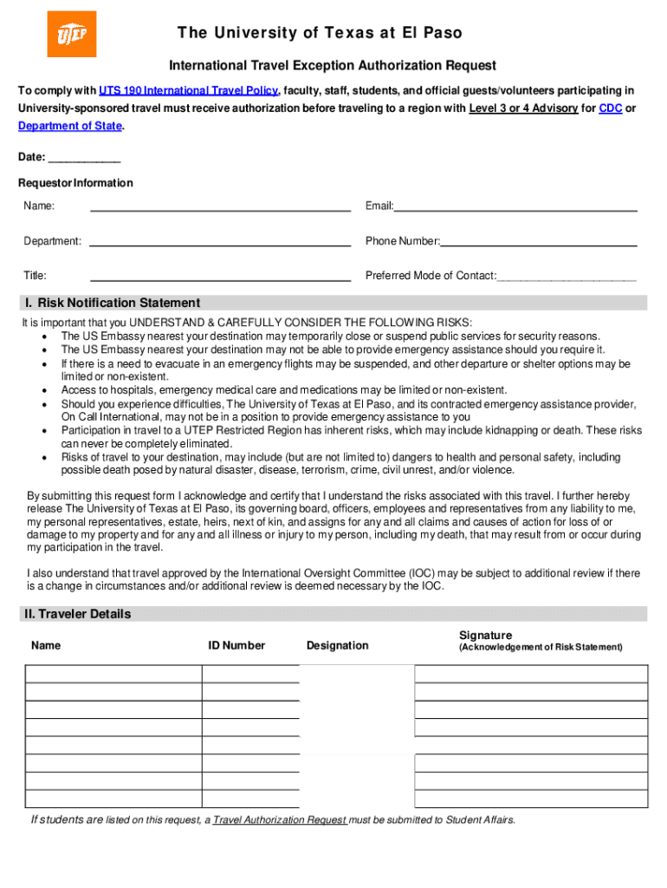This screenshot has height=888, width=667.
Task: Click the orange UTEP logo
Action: [72, 34]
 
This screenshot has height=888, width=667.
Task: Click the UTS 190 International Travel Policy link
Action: [188, 91]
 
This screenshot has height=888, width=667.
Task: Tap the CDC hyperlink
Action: [610, 108]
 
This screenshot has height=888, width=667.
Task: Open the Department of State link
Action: [70, 126]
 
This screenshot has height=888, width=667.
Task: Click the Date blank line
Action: [84, 159]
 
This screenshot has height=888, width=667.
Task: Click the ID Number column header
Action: [236, 645]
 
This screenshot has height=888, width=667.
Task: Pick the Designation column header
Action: [337, 645]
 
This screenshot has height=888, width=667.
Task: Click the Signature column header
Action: [485, 636]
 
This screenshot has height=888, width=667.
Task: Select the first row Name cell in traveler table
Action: [113, 674]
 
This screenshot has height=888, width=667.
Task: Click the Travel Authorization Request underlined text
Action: [280, 819]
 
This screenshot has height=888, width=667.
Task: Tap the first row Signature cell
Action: [531, 674]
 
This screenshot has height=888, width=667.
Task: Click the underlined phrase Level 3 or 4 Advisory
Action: [523, 108]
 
